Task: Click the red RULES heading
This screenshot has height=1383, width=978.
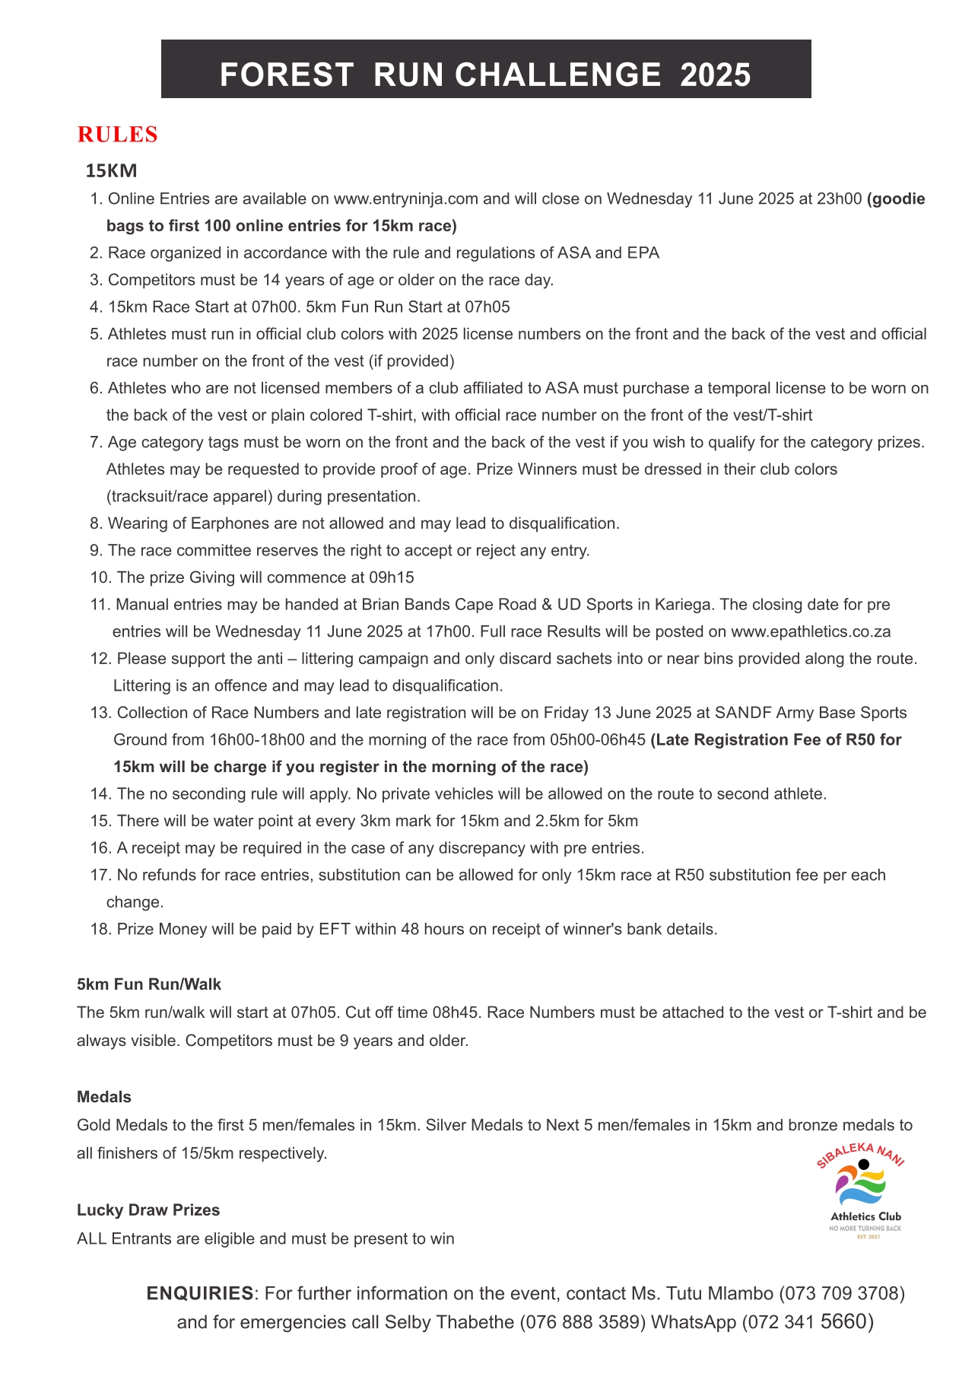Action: (x=117, y=135)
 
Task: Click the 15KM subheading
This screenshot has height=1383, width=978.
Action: (x=111, y=170)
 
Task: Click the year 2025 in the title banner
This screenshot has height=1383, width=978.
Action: (x=716, y=75)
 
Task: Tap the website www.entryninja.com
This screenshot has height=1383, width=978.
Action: (x=405, y=199)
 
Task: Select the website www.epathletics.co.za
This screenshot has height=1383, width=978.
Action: (x=811, y=632)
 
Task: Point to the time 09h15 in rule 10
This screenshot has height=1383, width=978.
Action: (x=393, y=577)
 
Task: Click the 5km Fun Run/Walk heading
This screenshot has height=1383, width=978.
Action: (x=149, y=984)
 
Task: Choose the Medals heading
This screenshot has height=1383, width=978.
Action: (x=104, y=1097)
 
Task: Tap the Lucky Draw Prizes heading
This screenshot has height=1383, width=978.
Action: (x=148, y=1210)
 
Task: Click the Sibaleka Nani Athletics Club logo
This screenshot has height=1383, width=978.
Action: (x=862, y=1191)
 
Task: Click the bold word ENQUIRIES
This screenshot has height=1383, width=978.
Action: (x=200, y=1293)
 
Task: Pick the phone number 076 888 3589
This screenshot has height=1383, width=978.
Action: (x=583, y=1322)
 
